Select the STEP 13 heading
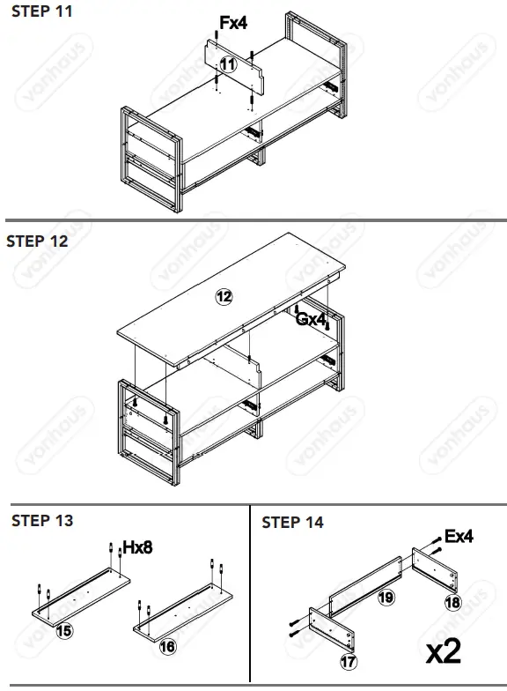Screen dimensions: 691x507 41,521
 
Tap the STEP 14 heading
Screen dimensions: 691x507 292,523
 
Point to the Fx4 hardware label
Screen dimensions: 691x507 232,24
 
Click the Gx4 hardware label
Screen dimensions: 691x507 311,319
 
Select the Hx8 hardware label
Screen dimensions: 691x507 137,548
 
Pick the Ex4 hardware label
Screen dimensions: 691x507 459,536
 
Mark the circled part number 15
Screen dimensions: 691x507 63,630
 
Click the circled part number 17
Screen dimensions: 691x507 350,658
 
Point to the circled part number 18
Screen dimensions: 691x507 453,602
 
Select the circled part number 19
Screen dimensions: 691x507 385,597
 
